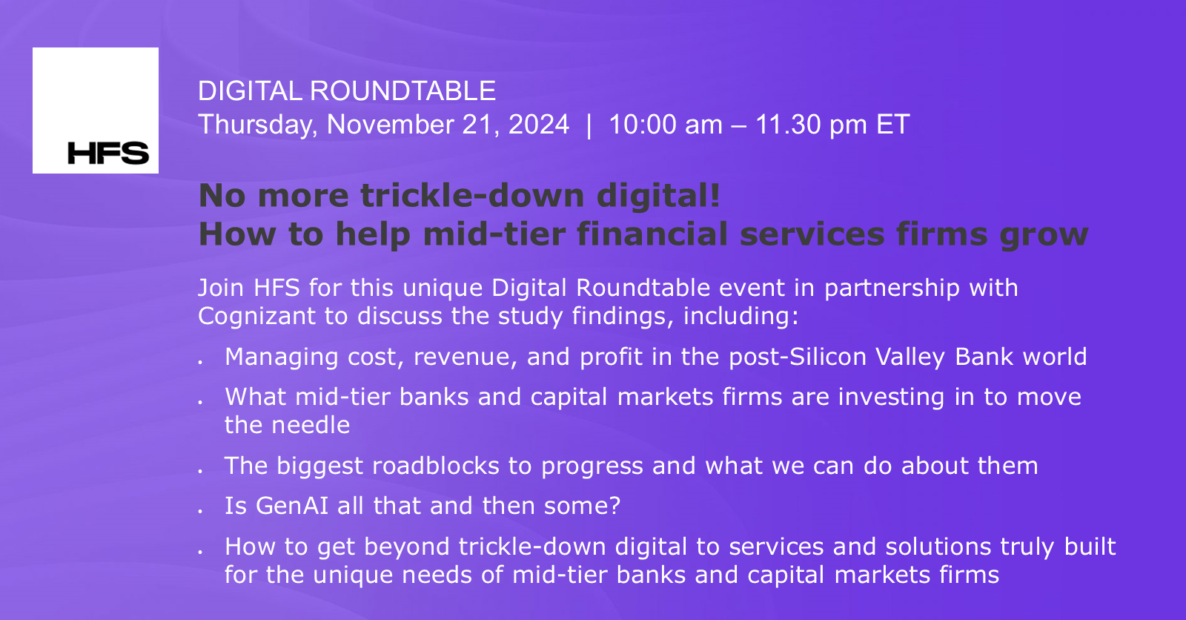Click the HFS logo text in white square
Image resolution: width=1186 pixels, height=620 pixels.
108,154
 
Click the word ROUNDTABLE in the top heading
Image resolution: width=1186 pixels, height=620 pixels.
402,91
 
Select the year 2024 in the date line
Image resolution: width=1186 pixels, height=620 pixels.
538,125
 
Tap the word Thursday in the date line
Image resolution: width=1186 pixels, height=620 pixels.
256,125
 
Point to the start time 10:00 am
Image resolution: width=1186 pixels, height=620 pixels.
665,125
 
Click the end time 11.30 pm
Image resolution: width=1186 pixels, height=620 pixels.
811,125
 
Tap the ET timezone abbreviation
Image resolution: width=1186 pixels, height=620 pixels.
892,125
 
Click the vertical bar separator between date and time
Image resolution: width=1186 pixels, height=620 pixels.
589,125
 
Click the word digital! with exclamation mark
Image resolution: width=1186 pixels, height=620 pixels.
658,196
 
